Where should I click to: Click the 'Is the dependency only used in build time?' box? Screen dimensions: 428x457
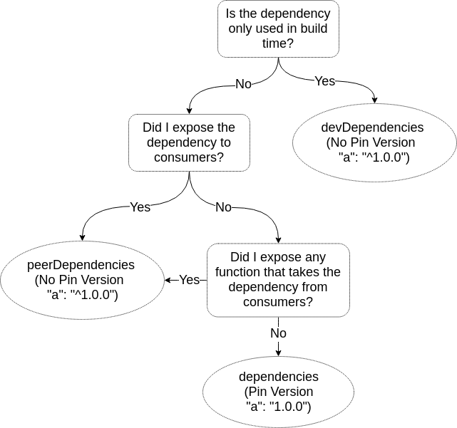coord(278,29)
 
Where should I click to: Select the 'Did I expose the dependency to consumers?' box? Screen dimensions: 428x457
coord(189,142)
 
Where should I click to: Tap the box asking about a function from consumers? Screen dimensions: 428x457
coord(278,280)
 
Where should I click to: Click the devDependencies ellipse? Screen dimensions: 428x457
coord(374,142)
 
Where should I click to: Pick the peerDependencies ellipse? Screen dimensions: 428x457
coord(81,280)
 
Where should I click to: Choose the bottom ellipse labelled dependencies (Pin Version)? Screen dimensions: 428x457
coord(278,392)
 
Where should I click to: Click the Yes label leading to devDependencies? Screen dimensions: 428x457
coord(324,81)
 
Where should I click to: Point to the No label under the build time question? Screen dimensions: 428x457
coord(243,84)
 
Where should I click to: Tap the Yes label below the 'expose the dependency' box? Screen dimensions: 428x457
coord(140,207)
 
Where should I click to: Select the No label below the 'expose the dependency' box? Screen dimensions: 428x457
coord(223,207)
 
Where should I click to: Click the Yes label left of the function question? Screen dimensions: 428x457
coord(189,280)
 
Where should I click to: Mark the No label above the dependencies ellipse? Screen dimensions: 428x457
coord(278,333)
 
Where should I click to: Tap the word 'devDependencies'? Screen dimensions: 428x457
coord(373,127)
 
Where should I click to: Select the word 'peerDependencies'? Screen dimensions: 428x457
coord(81,265)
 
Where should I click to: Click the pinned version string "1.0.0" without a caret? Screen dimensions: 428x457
coord(289,407)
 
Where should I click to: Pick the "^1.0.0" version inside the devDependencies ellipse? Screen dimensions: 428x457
coord(386,157)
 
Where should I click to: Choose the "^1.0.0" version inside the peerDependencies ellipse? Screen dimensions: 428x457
coord(93,295)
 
